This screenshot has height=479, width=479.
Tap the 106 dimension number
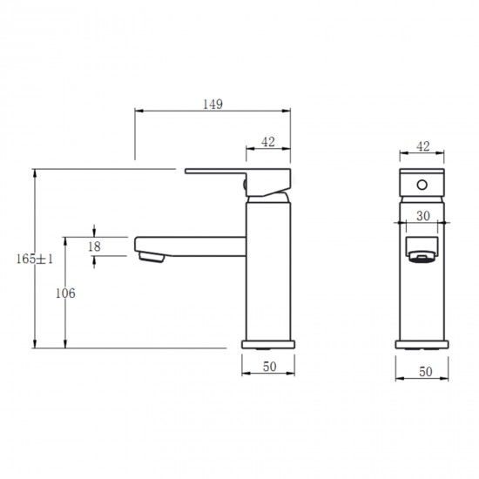click(65, 293)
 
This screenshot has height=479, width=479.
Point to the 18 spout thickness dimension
click(94, 246)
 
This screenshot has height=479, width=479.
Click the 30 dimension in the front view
click(422, 216)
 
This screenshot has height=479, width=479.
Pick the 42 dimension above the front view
click(423, 146)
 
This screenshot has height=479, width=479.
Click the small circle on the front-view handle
click(422, 185)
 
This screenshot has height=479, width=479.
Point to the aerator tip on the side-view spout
click(150, 257)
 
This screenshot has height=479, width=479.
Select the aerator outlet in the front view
click(422, 257)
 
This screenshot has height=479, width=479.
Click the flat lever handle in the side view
click(218, 172)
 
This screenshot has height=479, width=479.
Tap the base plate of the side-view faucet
click(269, 342)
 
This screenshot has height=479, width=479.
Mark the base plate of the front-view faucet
click(422, 342)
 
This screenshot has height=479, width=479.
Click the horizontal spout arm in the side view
click(192, 243)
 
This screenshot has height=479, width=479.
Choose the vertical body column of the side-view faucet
click(269, 270)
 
